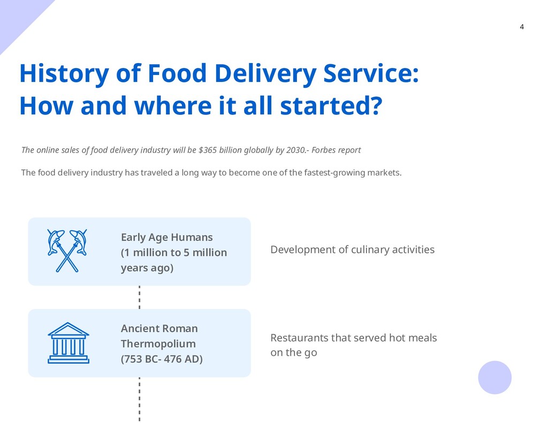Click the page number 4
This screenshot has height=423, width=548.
522,27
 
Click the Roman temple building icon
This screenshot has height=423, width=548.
68,343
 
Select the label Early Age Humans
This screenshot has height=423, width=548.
166,237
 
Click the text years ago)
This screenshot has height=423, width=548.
147,267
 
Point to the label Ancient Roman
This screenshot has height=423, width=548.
159,328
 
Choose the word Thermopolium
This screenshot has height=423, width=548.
158,343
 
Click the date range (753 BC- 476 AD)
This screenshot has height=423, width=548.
162,359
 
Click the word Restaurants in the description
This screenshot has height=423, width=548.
299,338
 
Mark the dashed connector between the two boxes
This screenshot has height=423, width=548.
139,297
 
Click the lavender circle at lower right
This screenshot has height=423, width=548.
494,378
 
